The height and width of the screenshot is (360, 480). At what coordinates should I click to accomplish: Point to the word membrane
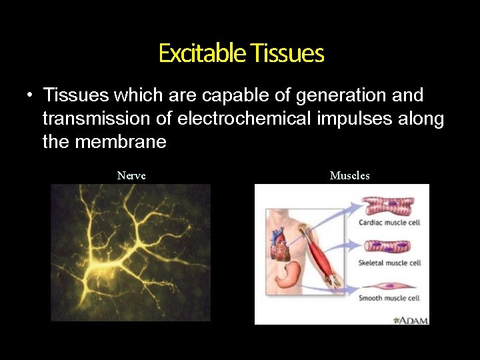pyautogui.click(x=120, y=142)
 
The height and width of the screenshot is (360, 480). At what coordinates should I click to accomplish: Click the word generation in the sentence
pyautogui.click(x=331, y=95)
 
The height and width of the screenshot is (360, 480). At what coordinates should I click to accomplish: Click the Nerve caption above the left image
pyautogui.click(x=131, y=176)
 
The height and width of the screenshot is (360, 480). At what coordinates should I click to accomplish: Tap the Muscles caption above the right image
pyautogui.click(x=349, y=176)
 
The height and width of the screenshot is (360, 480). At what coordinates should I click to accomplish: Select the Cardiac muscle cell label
pyautogui.click(x=389, y=223)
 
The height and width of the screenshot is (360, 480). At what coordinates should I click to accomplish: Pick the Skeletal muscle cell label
pyautogui.click(x=389, y=263)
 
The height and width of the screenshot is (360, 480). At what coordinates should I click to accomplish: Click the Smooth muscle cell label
pyautogui.click(x=389, y=298)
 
